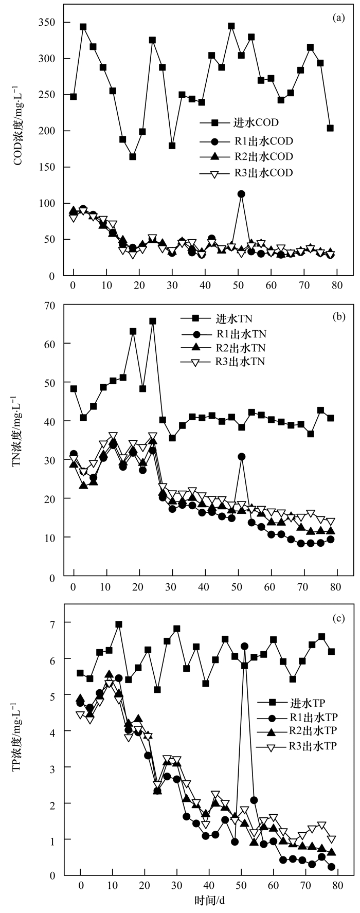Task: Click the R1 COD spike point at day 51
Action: tap(241, 194)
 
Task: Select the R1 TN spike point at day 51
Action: tap(241, 456)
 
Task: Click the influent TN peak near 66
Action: tap(153, 321)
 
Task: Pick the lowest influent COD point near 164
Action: tap(133, 157)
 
